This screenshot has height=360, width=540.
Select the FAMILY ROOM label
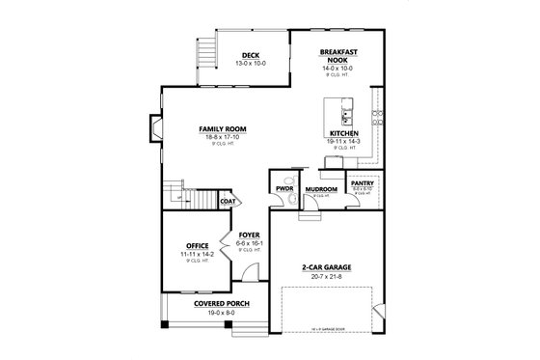222,128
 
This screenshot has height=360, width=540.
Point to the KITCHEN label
344,132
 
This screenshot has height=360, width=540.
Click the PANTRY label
362,182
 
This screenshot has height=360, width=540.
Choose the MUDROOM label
320,189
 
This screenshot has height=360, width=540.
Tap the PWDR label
283,189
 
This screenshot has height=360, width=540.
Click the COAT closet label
228,202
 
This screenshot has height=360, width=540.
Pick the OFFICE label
198,246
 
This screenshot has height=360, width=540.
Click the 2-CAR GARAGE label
323,267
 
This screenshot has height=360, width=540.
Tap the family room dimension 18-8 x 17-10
222,136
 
